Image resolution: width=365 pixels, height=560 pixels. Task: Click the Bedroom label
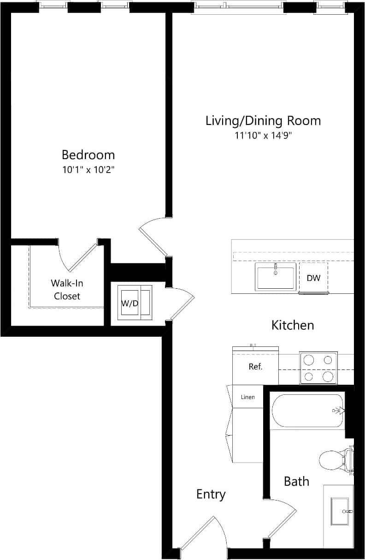pos(88,155)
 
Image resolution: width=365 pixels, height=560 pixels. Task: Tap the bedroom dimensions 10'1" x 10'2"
pos(88,170)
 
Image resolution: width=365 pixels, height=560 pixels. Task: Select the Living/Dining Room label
pos(263,121)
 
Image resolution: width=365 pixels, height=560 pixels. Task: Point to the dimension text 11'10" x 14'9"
pos(263,136)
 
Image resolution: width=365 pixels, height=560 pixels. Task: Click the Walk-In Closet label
pos(67,290)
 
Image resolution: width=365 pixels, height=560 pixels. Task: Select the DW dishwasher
pos(313,278)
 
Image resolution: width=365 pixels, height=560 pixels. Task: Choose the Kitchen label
pos(293,325)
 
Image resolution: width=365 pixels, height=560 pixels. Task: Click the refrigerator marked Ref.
pos(255,367)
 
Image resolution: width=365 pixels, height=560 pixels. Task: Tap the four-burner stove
pos(318,368)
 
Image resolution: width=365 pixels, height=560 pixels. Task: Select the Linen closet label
pos(248,397)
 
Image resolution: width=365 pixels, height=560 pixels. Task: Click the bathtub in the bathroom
pos(307,411)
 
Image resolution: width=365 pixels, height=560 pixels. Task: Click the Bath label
pos(296,482)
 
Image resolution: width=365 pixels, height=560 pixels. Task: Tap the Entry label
pos(211,494)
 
